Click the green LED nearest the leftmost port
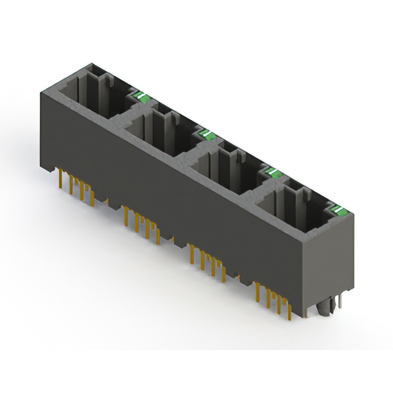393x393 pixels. pos(141,95)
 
